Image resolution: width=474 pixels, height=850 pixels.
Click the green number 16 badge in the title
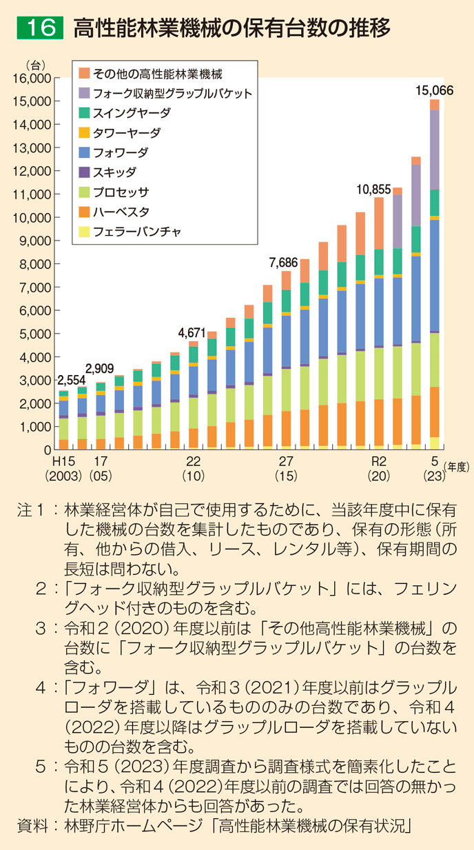pyautogui.click(x=40, y=28)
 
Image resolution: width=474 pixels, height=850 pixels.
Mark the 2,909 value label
pyautogui.click(x=100, y=369)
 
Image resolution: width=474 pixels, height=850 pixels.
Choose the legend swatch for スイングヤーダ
pyautogui.click(x=85, y=112)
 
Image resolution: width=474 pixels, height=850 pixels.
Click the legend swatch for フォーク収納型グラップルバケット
pyautogui.click(x=85, y=93)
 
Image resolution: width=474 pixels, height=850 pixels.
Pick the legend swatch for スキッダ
pyautogui.click(x=85, y=172)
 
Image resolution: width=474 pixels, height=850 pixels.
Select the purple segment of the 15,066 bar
pyautogui.click(x=435, y=150)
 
